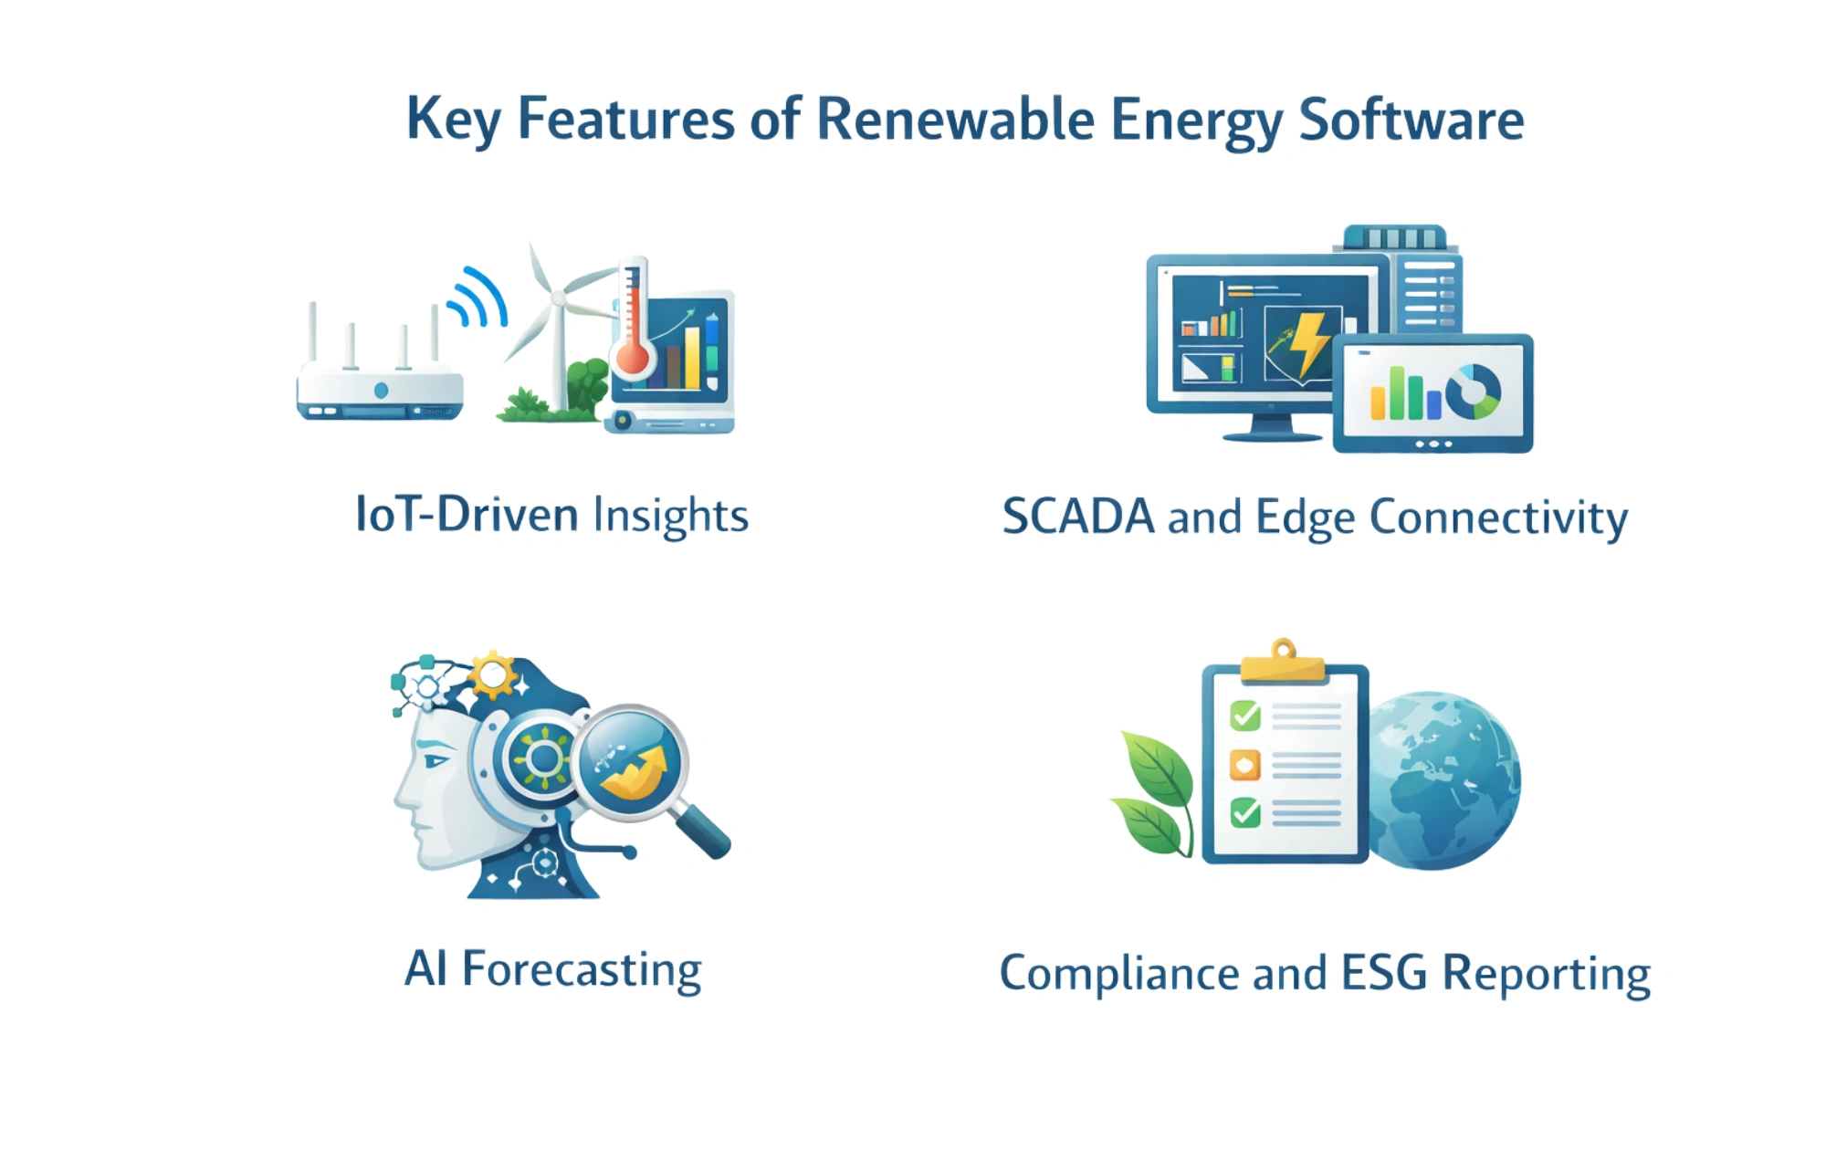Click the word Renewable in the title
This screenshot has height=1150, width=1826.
coord(955,120)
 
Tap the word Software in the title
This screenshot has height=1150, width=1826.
coord(1411,120)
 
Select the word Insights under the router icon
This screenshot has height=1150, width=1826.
coord(671,517)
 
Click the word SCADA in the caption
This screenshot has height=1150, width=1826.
coord(1078,517)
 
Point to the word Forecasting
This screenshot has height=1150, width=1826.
coord(582,970)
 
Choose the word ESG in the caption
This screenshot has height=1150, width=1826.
coord(1384,973)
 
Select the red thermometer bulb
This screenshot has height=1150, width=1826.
coord(632,357)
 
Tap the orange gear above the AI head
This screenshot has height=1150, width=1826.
coord(494,675)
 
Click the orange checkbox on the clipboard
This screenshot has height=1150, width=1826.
coord(1245,765)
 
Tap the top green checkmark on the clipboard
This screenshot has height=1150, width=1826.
coord(1245,715)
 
